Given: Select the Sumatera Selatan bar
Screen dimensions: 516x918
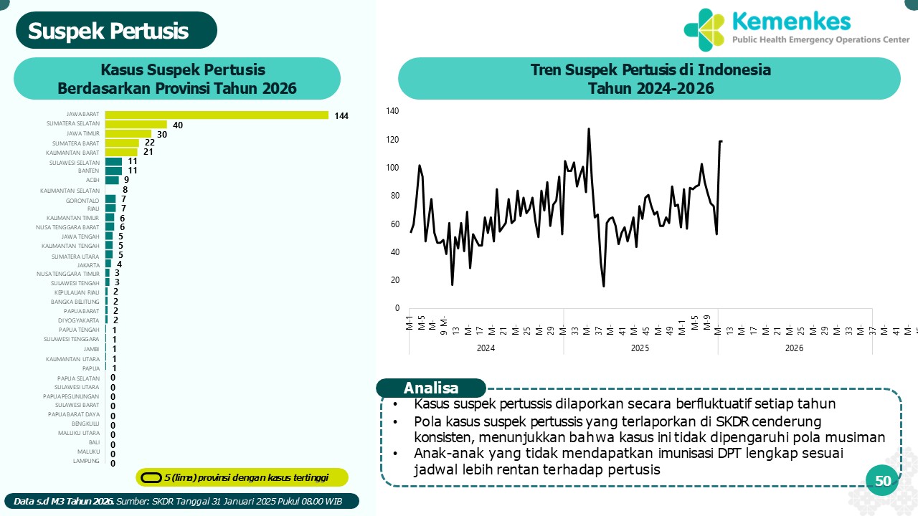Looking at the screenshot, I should pyautogui.click(x=136, y=124).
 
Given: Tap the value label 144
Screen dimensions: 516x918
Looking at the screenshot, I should pyautogui.click(x=341, y=115).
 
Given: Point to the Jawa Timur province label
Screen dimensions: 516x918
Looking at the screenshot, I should pyautogui.click(x=83, y=133).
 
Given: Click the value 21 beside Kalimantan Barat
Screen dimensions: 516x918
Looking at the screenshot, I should pyautogui.click(x=148, y=152).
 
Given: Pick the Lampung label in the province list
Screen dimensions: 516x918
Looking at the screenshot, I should pyautogui.click(x=86, y=461).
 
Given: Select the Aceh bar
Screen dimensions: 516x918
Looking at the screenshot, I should pyautogui.click(x=112, y=180).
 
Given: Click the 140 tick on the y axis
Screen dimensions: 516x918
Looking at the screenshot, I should pyautogui.click(x=392, y=110).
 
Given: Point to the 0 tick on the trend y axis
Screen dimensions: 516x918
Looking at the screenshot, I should pyautogui.click(x=397, y=308).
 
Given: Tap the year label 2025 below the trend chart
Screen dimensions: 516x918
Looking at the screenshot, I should pyautogui.click(x=640, y=348).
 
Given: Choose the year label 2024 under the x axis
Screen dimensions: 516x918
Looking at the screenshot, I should pyautogui.click(x=486, y=348).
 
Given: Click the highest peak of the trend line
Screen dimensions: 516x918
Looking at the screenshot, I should pyautogui.click(x=589, y=129).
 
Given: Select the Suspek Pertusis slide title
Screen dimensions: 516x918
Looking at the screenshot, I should pyautogui.click(x=108, y=31).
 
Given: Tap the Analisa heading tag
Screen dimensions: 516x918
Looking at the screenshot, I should pyautogui.click(x=431, y=388).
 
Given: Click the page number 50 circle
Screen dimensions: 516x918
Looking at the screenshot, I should pyautogui.click(x=883, y=481).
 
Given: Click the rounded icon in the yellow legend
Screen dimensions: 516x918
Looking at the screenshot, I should pyautogui.click(x=151, y=477).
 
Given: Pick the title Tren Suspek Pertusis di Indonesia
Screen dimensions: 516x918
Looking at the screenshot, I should pyautogui.click(x=650, y=70).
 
